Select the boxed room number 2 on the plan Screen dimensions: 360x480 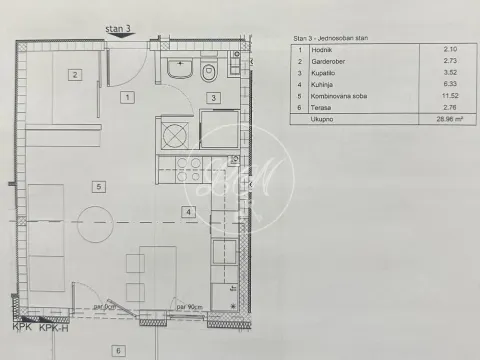(73, 74)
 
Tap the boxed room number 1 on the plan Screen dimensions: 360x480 (126, 97)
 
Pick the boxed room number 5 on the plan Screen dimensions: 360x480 (97, 186)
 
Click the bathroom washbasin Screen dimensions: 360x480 (181, 69)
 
